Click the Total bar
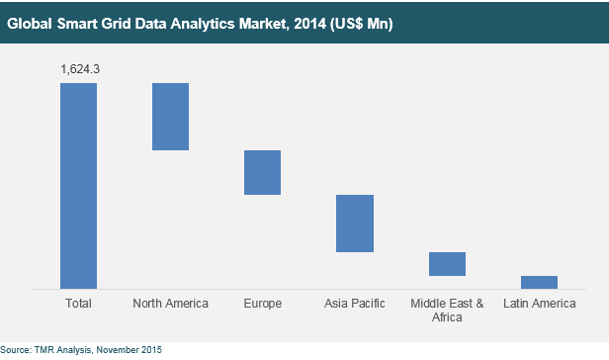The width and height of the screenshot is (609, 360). pos(78,185)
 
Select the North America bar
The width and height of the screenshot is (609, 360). pos(170,117)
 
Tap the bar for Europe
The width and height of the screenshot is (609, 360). pos(262,172)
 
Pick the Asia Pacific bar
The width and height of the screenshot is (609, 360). pos(354,224)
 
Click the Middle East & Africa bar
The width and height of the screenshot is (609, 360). pos(447,264)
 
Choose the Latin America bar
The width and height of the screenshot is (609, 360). pos(539,282)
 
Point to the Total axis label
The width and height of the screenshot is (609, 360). pos(78,304)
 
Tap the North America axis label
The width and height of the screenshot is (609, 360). pos(170,304)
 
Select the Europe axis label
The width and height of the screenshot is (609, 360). pos(262,304)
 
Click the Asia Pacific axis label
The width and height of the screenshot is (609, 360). pos(354,304)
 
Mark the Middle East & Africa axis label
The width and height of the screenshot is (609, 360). pos(447,311)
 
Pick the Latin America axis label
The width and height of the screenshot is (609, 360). pos(539,304)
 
